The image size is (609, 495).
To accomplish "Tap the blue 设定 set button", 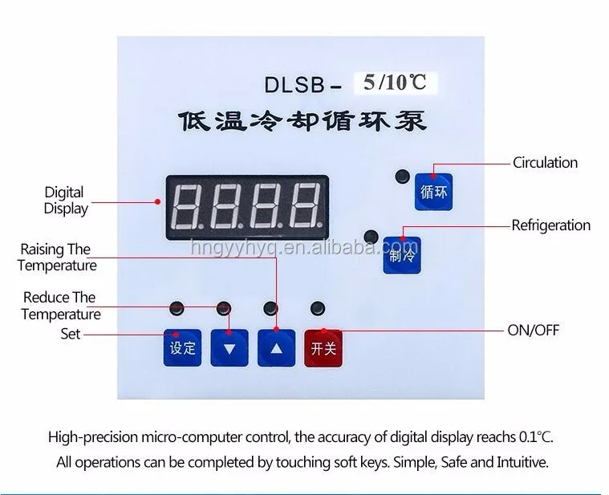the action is (182, 347).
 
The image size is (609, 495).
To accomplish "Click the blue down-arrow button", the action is (229, 348).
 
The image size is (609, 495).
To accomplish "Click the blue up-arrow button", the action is (277, 348).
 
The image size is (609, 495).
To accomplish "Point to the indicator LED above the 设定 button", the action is (177, 307).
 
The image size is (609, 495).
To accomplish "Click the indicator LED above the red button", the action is (319, 306).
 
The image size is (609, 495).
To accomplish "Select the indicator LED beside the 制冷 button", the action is (370, 237).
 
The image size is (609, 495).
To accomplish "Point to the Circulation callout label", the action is (545, 163).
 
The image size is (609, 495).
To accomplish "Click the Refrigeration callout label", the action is (550, 225).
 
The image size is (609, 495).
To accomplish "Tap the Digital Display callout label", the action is (65, 200).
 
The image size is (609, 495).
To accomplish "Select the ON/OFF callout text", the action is (533, 330).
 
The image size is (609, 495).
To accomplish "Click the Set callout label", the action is (71, 333).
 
